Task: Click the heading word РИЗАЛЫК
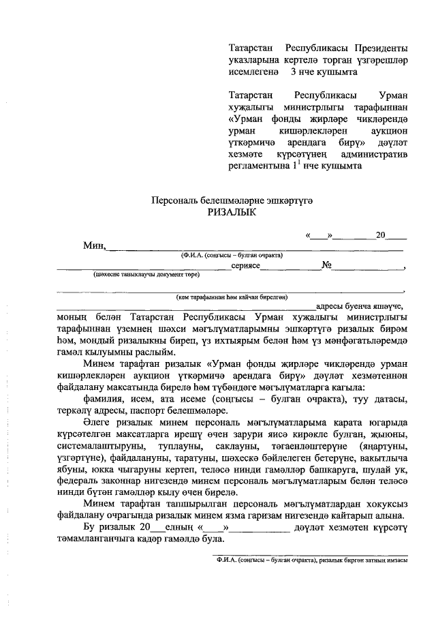tap(232, 213)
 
